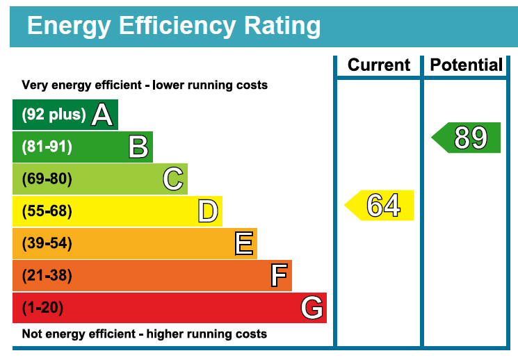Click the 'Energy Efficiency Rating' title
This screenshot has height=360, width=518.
[x=174, y=26]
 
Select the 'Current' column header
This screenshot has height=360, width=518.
[x=379, y=65]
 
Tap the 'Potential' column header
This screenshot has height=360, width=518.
[x=467, y=65]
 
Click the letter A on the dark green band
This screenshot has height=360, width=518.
[x=102, y=115]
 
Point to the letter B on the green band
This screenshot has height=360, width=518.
[x=138, y=147]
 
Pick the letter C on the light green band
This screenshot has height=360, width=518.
[x=173, y=179]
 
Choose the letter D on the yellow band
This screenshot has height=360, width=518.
[x=208, y=211]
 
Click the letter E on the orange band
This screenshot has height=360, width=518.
[x=244, y=244]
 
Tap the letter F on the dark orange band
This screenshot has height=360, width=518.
[x=279, y=276]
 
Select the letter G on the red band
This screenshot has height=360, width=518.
[x=312, y=308]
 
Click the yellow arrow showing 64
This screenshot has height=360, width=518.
[x=381, y=206]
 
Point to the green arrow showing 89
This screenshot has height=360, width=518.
[x=468, y=138]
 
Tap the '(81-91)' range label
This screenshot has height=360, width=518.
[x=47, y=147]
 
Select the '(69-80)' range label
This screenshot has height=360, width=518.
[x=47, y=179]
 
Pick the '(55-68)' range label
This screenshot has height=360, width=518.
[x=47, y=211]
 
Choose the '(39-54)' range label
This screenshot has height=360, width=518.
[x=47, y=244]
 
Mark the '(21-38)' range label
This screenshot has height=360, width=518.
[x=47, y=276]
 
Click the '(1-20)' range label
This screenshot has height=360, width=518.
[x=44, y=308]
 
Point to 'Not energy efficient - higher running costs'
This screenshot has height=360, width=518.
[x=145, y=334]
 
